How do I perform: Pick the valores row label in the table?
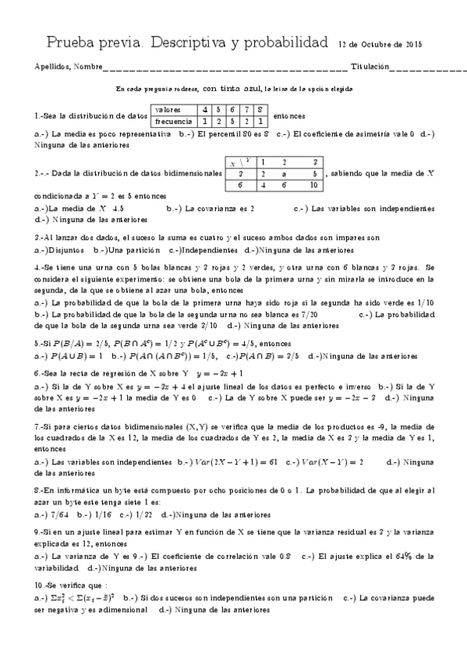click(169, 110)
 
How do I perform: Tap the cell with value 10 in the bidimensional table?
click(313, 186)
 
